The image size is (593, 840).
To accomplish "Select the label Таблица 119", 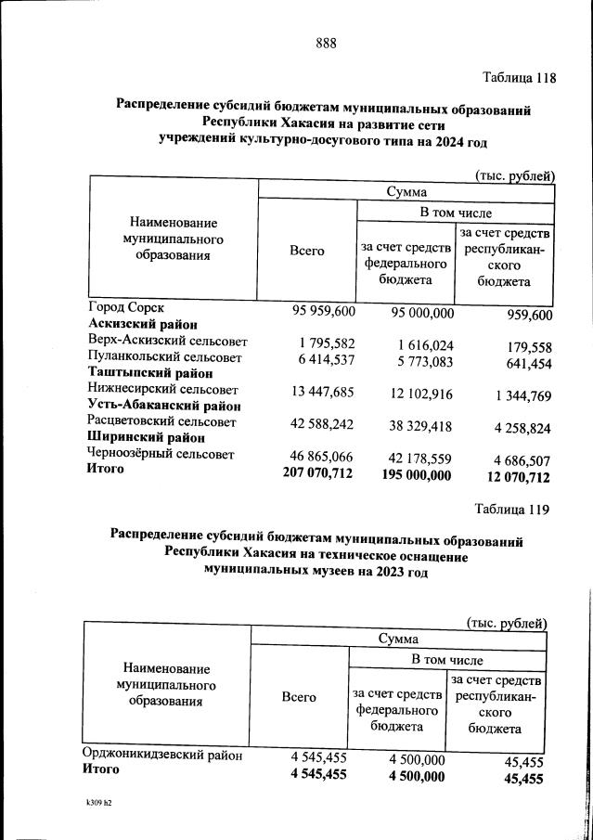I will click(511, 509).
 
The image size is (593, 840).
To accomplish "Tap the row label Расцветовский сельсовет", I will click(161, 421).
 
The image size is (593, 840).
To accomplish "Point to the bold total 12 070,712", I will click(513, 478).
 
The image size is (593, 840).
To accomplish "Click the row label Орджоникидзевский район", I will click(162, 755).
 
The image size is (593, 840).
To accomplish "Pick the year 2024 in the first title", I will click(438, 140).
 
